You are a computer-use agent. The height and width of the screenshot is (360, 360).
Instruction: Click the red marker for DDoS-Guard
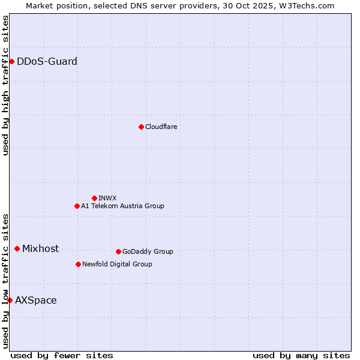[x=11, y=61]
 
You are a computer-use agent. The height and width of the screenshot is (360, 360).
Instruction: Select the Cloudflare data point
[x=141, y=127]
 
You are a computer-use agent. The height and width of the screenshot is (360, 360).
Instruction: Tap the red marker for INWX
[x=94, y=198]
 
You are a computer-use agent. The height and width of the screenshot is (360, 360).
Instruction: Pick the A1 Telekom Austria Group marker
[x=77, y=206]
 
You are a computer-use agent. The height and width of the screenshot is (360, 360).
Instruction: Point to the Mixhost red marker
[x=17, y=248]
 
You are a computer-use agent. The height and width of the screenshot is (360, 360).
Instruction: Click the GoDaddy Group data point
[x=118, y=251]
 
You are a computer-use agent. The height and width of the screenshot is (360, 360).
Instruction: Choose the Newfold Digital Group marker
[x=78, y=264]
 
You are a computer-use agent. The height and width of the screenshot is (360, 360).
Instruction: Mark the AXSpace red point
[x=10, y=300]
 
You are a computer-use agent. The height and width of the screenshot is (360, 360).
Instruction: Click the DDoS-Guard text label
[x=47, y=61]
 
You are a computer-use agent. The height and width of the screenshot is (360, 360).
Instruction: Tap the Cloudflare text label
[x=161, y=127]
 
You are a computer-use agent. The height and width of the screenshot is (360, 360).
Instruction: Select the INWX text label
[x=107, y=198]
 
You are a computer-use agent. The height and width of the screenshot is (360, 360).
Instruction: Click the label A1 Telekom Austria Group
[x=122, y=206]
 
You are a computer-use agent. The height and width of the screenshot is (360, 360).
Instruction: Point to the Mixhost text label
[x=40, y=248]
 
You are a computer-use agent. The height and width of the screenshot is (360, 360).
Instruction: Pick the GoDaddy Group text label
[x=148, y=251]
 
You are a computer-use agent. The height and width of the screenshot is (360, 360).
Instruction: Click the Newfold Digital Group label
[x=117, y=264]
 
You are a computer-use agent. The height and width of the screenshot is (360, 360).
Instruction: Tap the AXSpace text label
[x=36, y=300]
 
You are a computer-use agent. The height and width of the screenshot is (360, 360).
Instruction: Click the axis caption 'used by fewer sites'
[x=62, y=355]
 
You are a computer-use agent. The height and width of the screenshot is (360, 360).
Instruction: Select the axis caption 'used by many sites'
[x=301, y=355]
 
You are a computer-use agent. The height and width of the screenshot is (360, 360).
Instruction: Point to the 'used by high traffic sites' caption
[x=5, y=85]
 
